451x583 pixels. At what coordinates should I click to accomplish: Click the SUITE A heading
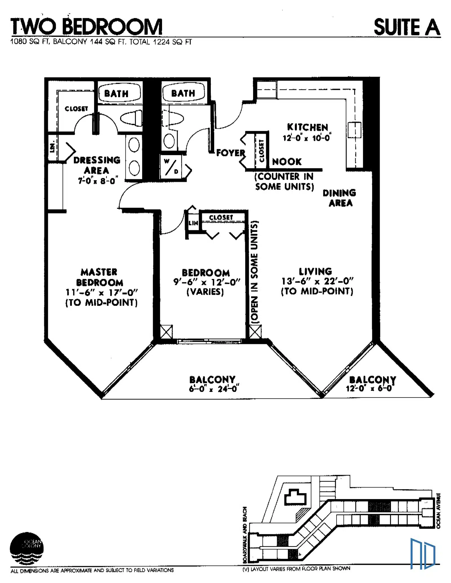(407, 27)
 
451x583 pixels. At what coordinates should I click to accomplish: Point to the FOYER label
(231, 153)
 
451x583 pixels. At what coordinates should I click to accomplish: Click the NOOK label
(287, 162)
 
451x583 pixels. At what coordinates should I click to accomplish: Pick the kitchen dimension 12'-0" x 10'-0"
(307, 138)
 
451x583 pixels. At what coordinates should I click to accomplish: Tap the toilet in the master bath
(131, 118)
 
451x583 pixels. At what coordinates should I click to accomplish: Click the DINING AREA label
(340, 198)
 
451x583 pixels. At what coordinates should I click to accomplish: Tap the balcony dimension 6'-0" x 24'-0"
(214, 389)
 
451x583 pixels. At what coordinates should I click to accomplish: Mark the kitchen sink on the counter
(354, 130)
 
